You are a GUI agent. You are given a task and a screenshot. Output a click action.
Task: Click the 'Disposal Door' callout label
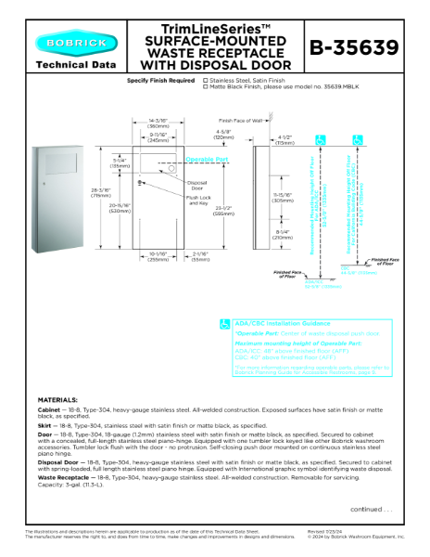196,185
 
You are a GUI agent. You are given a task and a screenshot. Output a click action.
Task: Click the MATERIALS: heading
58,400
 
